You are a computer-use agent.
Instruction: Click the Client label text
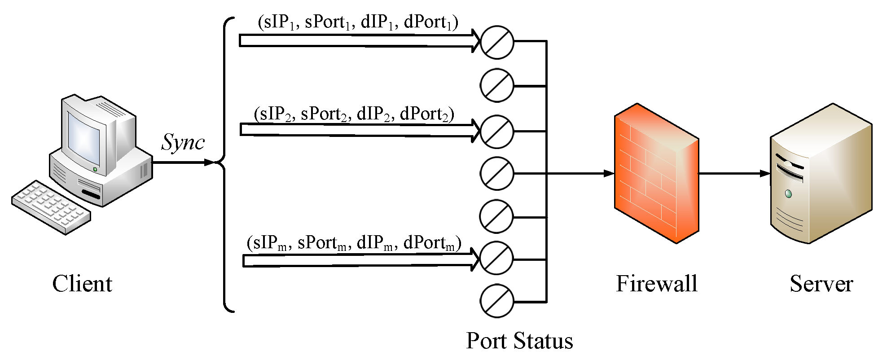(82, 284)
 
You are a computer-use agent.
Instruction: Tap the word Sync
(183, 143)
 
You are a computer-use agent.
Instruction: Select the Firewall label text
(656, 284)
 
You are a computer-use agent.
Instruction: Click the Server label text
(821, 284)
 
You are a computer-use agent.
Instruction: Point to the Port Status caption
(519, 341)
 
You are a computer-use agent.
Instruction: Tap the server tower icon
(821, 175)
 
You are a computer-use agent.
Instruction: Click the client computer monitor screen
(83, 139)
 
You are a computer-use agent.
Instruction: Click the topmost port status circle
(497, 42)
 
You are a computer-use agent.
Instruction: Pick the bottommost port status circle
(496, 301)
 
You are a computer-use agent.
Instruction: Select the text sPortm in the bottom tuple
(322, 243)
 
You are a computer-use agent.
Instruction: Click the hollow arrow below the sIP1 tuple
(359, 41)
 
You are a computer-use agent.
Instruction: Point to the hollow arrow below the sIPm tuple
(359, 260)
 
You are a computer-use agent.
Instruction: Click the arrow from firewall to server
(734, 173)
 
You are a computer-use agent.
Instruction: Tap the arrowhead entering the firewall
(609, 173)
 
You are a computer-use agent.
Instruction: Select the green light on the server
(788, 194)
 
